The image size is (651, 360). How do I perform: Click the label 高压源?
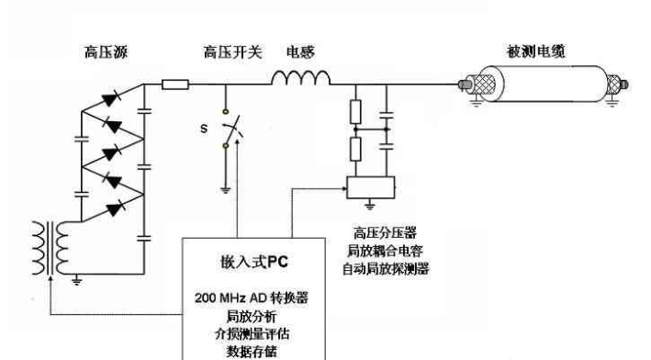point(100,53)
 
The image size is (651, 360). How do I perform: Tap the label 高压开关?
point(226,53)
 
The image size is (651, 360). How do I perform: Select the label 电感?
point(299,53)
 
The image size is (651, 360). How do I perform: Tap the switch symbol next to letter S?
point(230,134)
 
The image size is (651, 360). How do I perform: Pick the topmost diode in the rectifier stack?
point(114,96)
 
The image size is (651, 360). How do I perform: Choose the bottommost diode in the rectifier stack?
point(114,208)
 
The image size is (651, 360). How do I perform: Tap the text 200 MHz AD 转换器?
point(253,299)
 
